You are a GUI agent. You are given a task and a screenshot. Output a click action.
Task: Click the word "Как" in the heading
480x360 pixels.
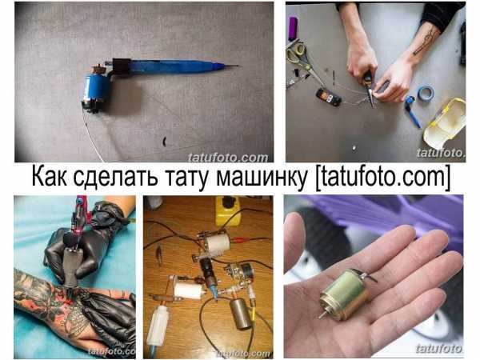click(x=50, y=177)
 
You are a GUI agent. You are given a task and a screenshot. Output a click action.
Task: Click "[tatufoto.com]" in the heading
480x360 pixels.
click(x=382, y=178)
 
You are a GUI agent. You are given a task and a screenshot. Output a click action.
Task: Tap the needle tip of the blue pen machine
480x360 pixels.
click(x=238, y=66)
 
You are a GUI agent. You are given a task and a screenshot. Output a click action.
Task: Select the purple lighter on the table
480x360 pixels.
click(x=293, y=29)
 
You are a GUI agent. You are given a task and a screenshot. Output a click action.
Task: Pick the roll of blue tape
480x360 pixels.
click(x=426, y=93)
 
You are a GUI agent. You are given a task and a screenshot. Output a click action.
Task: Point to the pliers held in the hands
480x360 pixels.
click(x=369, y=88)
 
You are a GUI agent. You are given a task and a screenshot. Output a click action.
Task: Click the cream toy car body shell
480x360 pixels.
click(x=445, y=120)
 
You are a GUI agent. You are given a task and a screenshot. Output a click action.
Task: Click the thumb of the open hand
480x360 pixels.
click(x=294, y=242)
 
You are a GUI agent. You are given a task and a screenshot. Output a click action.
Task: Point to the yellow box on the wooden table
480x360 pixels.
click(x=227, y=210)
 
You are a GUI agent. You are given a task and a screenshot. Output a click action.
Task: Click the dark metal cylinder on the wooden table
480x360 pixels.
click(x=241, y=314)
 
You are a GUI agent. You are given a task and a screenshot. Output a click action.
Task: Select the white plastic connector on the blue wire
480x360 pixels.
click(x=158, y=326)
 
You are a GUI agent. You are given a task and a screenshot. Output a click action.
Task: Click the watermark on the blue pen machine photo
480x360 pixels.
click(x=228, y=158)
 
